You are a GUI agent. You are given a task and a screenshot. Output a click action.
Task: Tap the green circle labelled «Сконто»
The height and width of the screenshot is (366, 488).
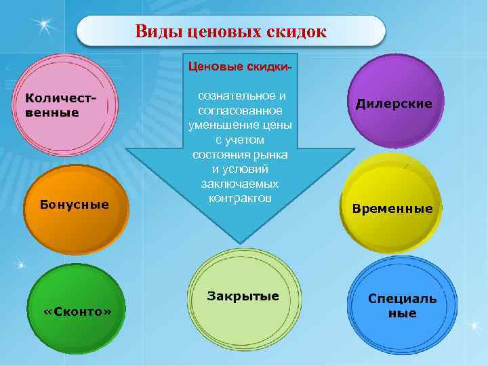click(x=78, y=310)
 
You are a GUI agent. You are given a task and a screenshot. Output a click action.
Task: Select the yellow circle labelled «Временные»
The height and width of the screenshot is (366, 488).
click(x=392, y=207)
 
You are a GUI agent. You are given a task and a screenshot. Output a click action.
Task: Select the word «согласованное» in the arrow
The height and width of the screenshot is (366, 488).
click(x=239, y=110)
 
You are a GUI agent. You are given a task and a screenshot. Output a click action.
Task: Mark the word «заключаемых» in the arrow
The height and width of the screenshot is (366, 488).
click(x=240, y=184)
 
